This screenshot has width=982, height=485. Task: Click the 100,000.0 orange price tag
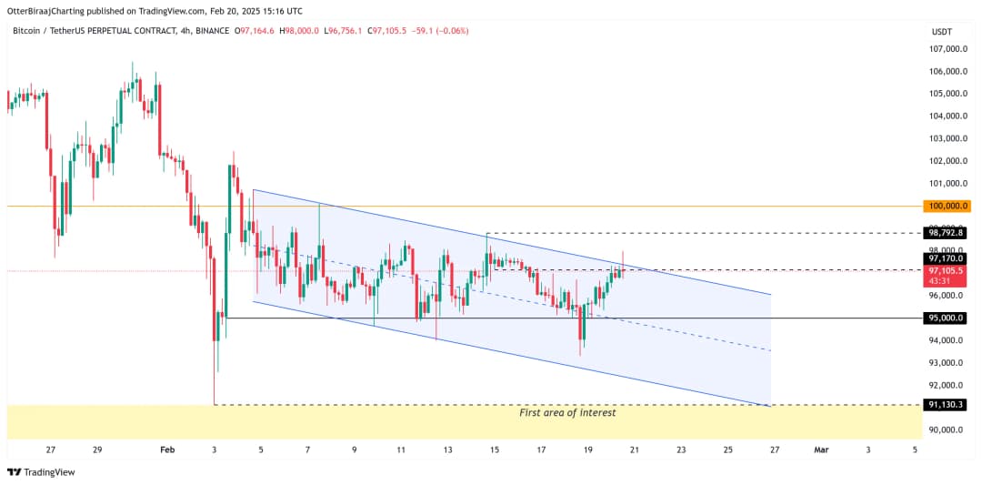click(946, 206)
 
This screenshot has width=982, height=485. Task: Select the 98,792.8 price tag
click(946, 233)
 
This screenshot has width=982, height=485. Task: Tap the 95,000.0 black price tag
click(946, 318)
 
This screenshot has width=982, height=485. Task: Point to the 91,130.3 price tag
click(946, 404)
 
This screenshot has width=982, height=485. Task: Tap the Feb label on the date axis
click(166, 450)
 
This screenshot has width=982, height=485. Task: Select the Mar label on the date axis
click(821, 450)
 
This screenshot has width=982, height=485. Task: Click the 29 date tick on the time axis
click(97, 450)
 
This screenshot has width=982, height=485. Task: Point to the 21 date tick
click(635, 450)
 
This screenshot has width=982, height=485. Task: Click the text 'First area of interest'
click(567, 413)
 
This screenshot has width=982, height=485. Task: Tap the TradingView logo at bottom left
click(41, 472)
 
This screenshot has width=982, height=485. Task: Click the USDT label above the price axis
click(941, 31)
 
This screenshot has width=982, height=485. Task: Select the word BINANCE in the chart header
click(213, 31)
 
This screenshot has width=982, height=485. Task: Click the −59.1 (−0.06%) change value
click(440, 31)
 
